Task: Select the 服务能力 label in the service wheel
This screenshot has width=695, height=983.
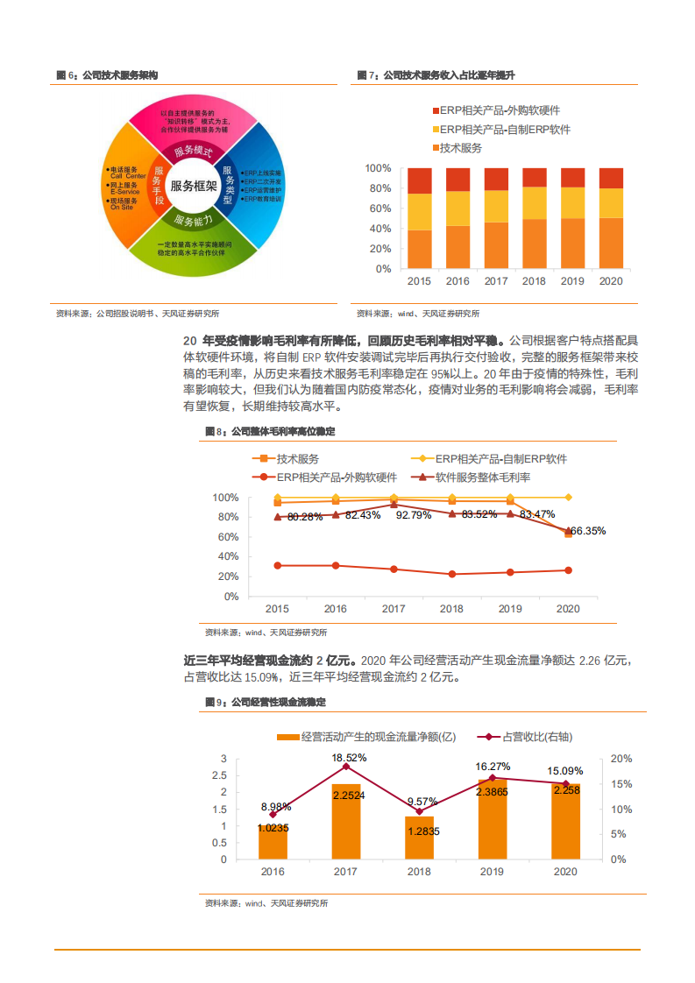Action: coord(193,220)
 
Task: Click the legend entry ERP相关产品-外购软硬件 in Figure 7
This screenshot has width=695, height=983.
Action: coord(495,110)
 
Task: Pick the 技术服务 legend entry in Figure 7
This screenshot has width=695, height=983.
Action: coord(460,148)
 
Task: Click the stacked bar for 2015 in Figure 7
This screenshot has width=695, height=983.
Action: coord(419,217)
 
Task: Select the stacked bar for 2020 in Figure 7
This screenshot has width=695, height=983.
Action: coord(611,217)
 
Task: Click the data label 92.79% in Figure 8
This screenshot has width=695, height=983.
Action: coord(414,515)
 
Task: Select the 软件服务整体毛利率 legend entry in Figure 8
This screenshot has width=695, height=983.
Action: coord(482,477)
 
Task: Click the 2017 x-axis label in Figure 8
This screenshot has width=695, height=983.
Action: coord(394,609)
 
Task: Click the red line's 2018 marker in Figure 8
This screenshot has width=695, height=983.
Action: coord(452,575)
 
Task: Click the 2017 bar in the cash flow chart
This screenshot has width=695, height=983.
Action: coord(346,821)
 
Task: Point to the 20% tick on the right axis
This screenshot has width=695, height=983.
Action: coord(618,759)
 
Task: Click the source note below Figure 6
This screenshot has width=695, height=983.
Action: coord(138,314)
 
